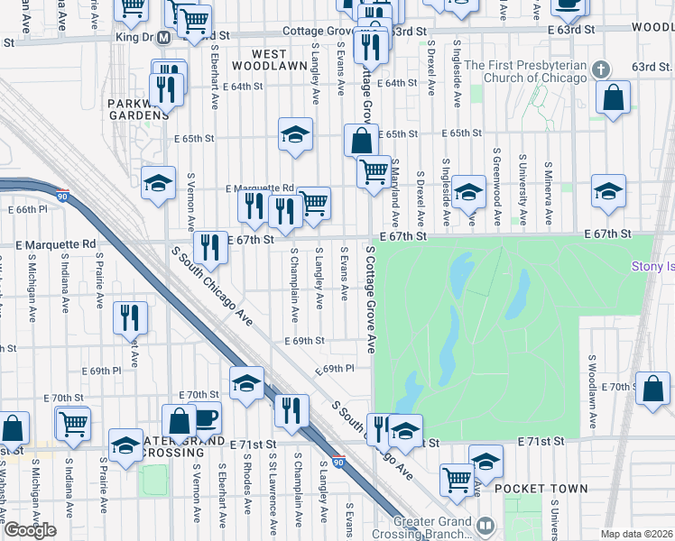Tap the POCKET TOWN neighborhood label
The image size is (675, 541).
(x=541, y=489)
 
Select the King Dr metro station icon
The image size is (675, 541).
(x=163, y=39)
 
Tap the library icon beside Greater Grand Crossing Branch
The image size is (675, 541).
(x=485, y=525)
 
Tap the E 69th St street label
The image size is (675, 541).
(x=303, y=342)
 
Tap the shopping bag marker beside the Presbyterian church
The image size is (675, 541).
(x=614, y=99)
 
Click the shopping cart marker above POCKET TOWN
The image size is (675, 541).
(x=458, y=479)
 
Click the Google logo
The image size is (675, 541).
(x=30, y=530)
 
